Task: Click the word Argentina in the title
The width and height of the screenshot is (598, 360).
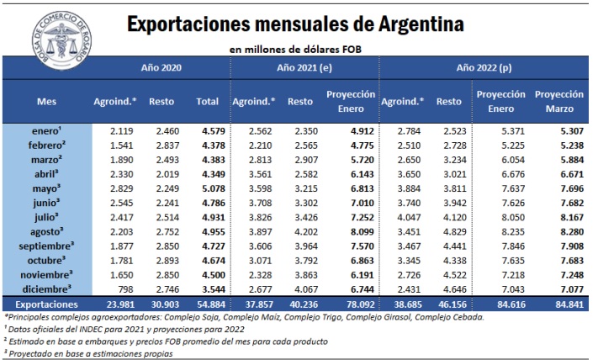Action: point(410,24)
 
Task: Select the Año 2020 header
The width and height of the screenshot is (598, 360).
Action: point(160,66)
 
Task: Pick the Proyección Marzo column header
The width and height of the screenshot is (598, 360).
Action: point(559,101)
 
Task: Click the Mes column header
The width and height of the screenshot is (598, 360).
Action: point(47,102)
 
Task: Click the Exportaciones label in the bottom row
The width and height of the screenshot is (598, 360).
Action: point(47,303)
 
